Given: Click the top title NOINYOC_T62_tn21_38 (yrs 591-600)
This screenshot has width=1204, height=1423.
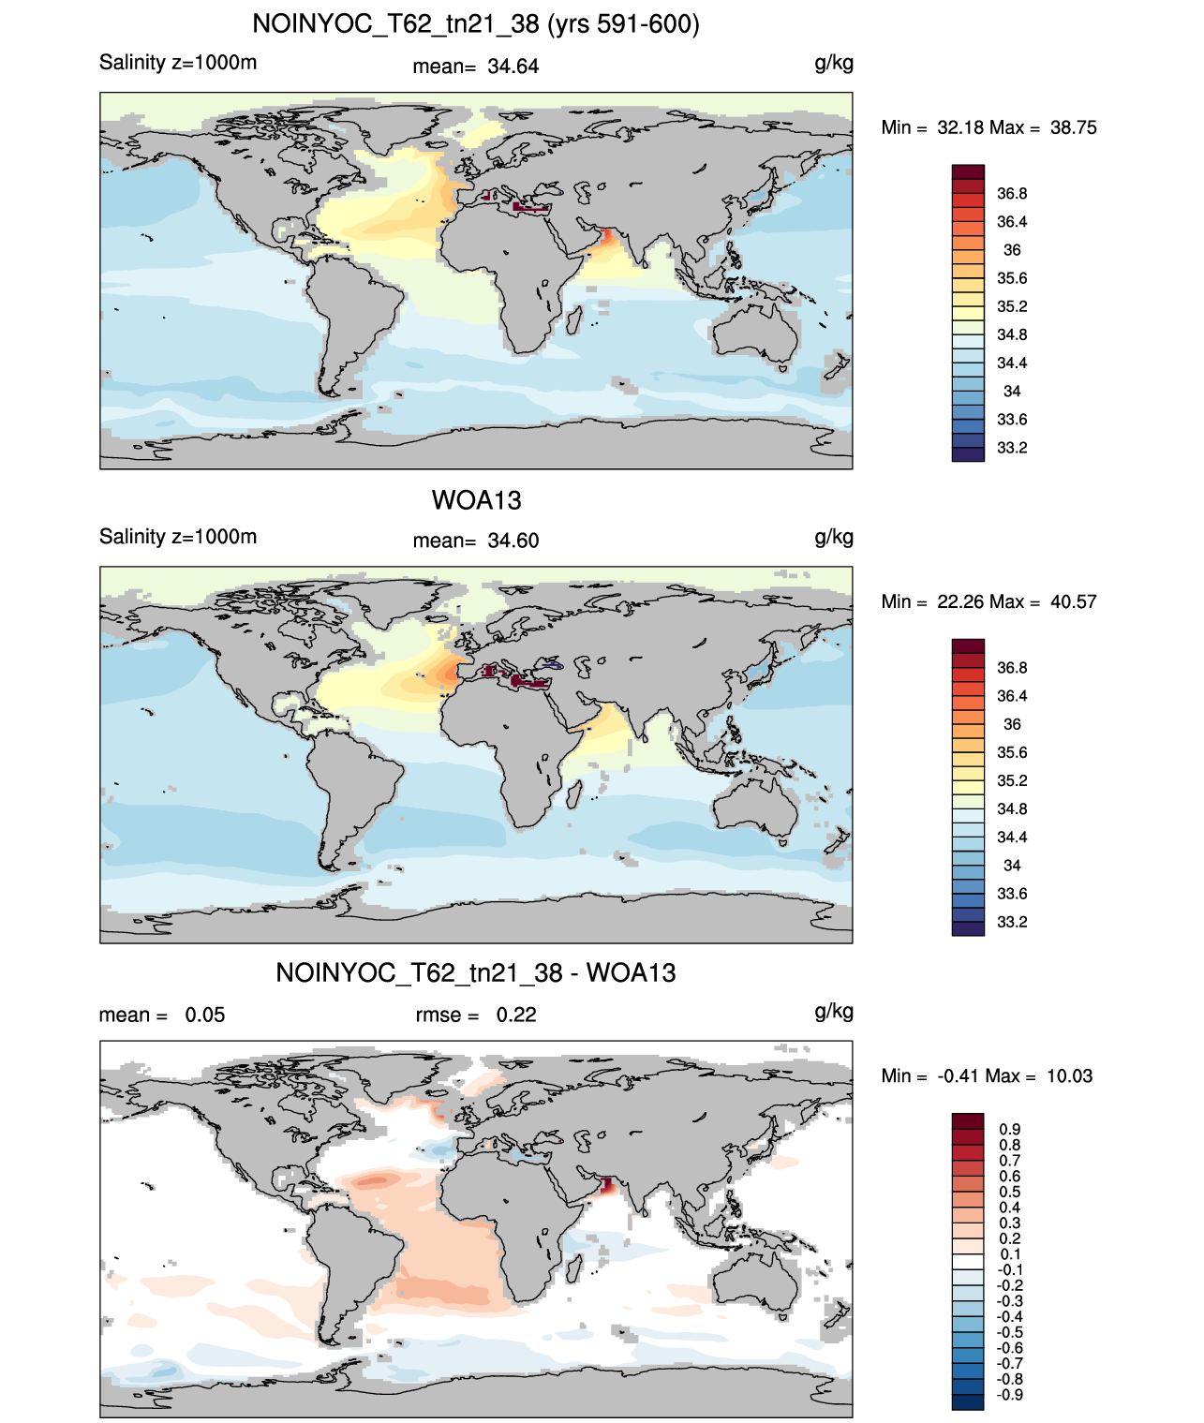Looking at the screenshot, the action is point(476,24).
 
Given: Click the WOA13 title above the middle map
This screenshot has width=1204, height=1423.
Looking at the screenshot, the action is point(476,500).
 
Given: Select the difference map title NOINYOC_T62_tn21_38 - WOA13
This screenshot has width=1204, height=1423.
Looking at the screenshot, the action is point(476,972).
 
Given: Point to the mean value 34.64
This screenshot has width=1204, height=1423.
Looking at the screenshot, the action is point(513,67).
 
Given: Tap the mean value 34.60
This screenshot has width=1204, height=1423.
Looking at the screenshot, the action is point(513,541).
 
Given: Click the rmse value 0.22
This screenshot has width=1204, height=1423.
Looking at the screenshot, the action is point(515,1015).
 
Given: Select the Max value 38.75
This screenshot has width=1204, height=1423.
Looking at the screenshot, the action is point(1073,127).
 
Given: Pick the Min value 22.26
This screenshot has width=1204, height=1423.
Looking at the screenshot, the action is point(960,601).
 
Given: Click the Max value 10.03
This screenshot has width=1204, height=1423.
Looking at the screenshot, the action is point(1069,1076).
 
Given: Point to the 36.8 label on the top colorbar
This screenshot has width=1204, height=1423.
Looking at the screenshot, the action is point(1012,194).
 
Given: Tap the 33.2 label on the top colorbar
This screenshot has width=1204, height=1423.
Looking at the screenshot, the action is point(1012,448).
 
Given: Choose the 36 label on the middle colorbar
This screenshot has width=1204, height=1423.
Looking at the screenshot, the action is point(1012,724).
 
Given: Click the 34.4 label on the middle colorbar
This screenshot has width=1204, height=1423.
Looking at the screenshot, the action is point(1012,837).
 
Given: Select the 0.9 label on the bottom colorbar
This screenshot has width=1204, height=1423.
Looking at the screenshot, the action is point(1010,1129).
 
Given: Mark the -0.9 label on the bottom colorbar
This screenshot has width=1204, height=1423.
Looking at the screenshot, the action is point(1009,1395).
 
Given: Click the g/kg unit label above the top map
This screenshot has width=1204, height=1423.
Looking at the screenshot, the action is point(834,64).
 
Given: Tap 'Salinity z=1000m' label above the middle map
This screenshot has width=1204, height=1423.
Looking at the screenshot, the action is point(178,537).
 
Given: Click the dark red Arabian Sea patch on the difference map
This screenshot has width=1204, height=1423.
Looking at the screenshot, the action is point(607,1185).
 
